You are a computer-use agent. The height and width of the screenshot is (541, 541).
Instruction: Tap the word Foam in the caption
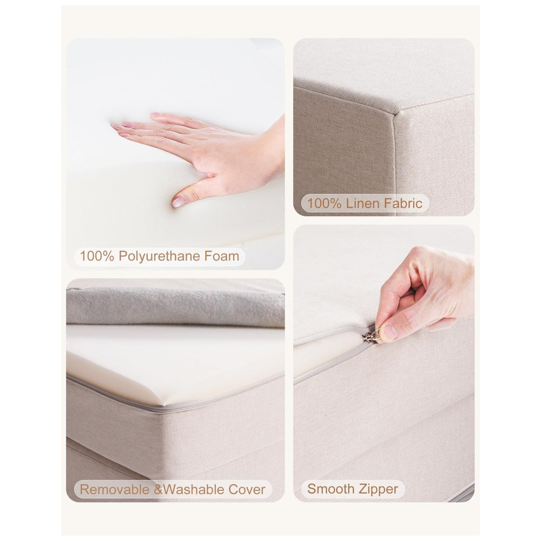pos(221,256)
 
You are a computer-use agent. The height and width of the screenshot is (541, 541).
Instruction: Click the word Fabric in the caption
pos(401,203)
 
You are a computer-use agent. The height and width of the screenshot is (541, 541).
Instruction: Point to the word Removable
pos(115,489)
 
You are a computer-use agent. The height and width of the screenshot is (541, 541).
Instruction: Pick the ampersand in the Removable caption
pos(157,489)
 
